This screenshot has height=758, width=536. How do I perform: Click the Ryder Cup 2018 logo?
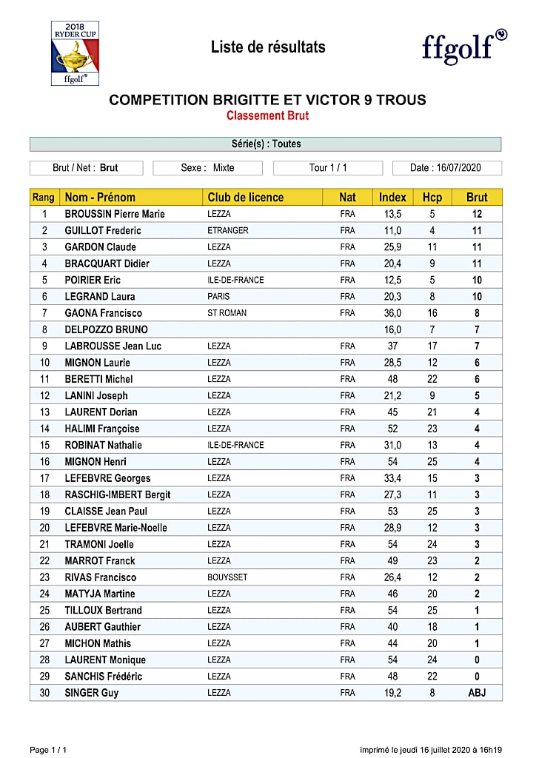coord(75,53)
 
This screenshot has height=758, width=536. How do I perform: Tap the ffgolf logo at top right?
coord(464,45)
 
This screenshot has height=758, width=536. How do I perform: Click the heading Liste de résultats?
coord(268,47)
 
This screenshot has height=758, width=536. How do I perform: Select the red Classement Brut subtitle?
coord(267,116)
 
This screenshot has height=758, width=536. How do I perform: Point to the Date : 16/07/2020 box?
coord(446,168)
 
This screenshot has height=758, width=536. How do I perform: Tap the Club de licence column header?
coord(245,198)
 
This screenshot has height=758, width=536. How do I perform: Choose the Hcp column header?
coord(432,198)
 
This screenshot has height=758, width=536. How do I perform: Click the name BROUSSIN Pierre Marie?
coord(115,214)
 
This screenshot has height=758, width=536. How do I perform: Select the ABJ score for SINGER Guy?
coord(477,693)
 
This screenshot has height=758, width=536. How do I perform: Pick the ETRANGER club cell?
coord(228,230)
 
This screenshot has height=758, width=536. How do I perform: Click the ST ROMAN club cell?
coord(227,313)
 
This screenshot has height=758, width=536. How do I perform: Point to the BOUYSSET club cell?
coord(228,577)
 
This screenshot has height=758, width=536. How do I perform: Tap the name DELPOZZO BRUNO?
coord(106,329)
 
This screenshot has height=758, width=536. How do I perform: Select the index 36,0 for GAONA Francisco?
coord(392,313)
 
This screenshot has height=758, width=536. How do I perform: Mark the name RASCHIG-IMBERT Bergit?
coord(118,494)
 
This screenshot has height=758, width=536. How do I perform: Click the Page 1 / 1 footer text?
coord(48,750)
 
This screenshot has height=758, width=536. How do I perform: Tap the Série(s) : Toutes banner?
coord(266,144)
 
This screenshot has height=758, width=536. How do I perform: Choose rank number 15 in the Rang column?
coord(44,445)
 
